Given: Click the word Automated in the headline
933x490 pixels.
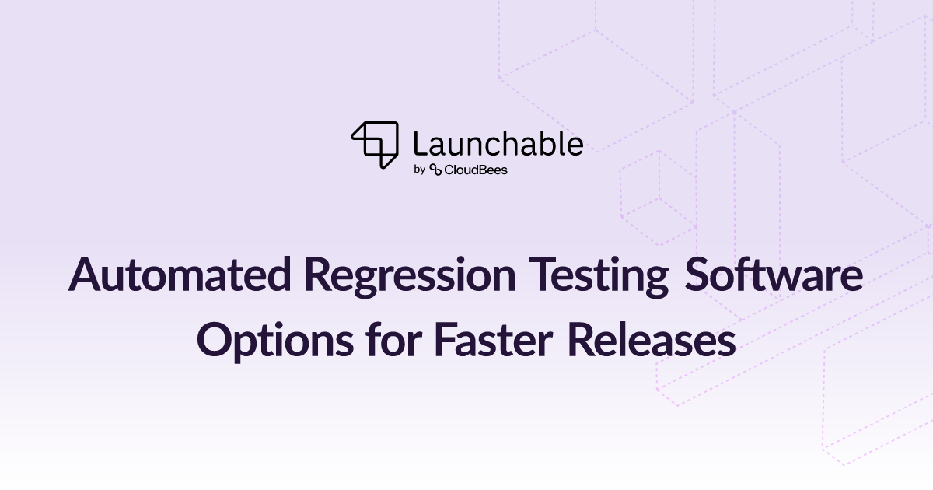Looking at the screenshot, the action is (x=180, y=274).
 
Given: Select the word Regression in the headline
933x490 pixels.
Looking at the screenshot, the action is (x=411, y=278).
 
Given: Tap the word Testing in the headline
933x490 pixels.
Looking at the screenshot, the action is (x=599, y=278).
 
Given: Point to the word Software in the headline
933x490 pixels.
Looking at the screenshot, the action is (x=774, y=274).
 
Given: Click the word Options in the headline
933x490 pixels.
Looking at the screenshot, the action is (x=275, y=341).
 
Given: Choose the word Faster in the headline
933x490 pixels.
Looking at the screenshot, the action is (x=494, y=340).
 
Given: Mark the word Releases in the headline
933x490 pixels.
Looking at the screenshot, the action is (x=652, y=340).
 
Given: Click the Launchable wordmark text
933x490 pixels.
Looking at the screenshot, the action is (x=498, y=144).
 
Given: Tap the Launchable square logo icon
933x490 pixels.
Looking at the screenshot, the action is (x=375, y=145).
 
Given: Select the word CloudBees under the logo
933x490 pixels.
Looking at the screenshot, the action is (x=476, y=170).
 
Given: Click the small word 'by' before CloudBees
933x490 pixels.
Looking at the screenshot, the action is (x=419, y=170).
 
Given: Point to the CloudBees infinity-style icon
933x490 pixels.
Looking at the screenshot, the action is (x=435, y=170).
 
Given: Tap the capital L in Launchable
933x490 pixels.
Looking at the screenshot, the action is (x=420, y=144).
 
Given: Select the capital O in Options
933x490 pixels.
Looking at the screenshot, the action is (x=215, y=340).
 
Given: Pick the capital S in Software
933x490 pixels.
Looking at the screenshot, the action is (x=697, y=274).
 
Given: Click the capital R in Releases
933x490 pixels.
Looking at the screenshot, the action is (x=582, y=340).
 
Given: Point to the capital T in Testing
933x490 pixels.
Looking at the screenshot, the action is (x=543, y=274).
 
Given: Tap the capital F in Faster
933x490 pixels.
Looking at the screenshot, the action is (x=445, y=340).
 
